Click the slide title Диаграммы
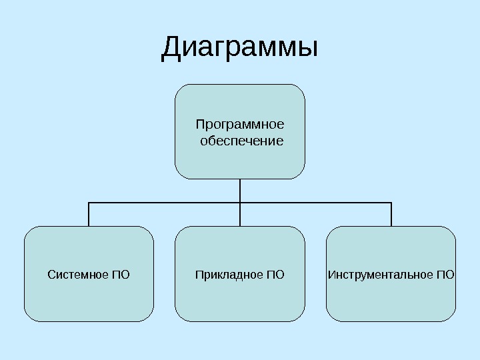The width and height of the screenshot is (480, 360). tap(240, 48)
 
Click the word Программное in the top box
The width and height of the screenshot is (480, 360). tap(240, 124)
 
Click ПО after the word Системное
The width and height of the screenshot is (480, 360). tap(121, 274)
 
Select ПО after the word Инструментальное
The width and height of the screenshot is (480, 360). tap(447, 274)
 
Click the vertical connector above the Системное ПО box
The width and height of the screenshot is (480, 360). tap(89, 215)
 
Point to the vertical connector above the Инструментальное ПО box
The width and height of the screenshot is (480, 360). tap(391, 215)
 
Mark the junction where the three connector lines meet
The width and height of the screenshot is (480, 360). tap(240, 203)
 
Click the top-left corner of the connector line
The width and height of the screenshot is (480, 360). tap(89, 203)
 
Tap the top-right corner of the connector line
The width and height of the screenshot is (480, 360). tap(391, 203)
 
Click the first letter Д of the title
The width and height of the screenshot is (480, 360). tap(172, 49)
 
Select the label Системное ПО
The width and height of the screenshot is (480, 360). tap(89, 274)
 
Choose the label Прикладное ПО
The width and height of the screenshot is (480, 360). tap(240, 274)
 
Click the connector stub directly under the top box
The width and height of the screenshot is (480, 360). tap(240, 190)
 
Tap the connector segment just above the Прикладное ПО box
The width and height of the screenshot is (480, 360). tap(240, 215)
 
